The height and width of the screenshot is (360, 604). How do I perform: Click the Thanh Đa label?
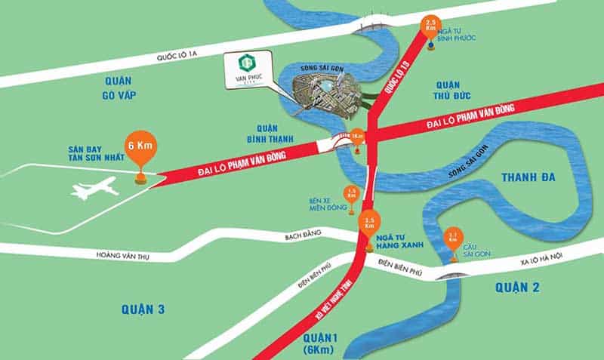[x=528, y=177]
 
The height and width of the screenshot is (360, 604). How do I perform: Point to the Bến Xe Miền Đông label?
[x=326, y=205]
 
